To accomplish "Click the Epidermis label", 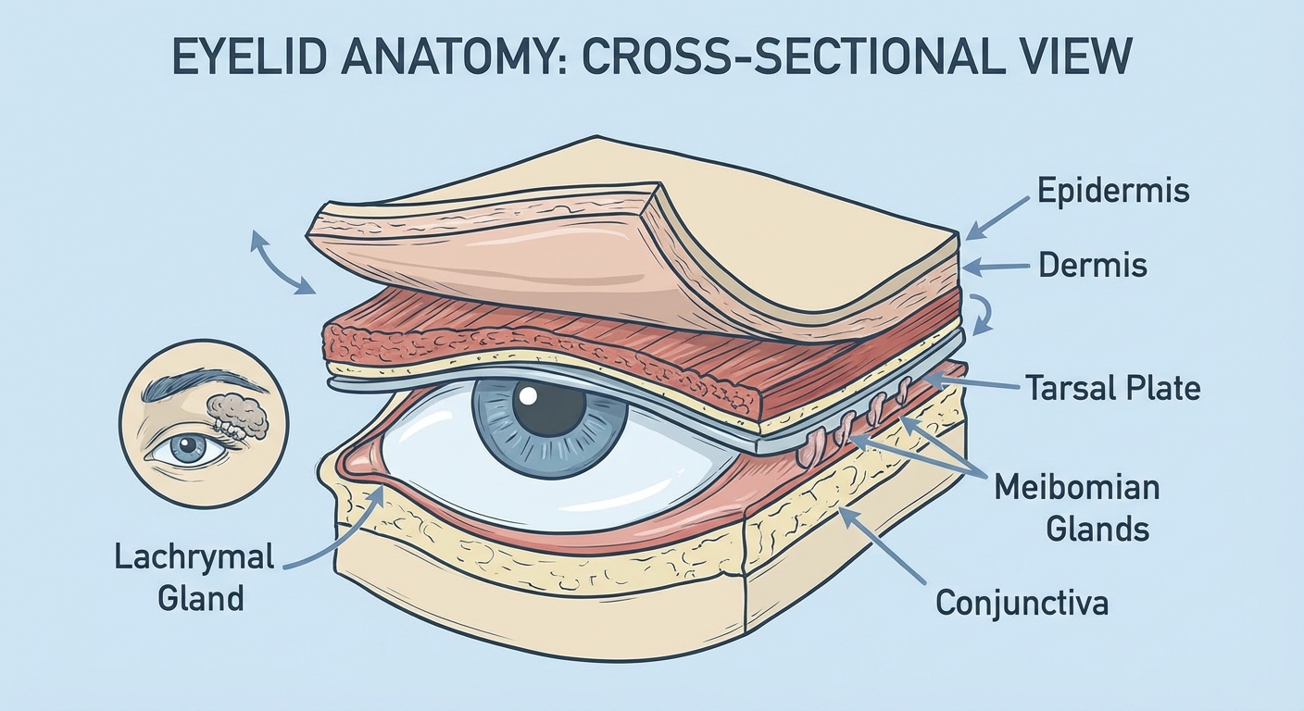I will point(1113,191).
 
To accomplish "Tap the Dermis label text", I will point(1093,266).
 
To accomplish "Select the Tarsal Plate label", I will point(1112,386).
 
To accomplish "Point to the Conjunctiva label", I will point(1022,603).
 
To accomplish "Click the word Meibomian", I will point(1076,488).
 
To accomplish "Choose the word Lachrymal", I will point(195,557).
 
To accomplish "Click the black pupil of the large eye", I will point(549,408).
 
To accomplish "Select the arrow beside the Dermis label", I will point(998,267).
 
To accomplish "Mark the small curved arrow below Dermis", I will point(982,313).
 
